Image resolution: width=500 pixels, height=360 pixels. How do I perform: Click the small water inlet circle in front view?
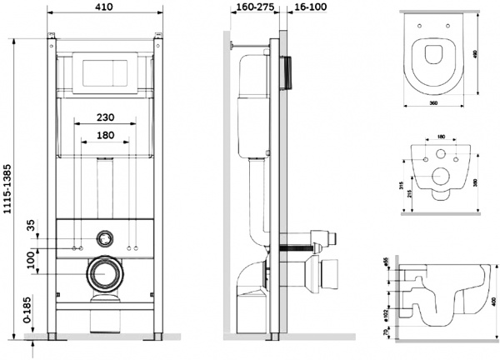(x=105, y=237)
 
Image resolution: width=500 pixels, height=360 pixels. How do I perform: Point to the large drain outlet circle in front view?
(x=105, y=272)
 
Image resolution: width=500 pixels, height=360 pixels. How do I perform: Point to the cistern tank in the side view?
(x=252, y=104)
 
